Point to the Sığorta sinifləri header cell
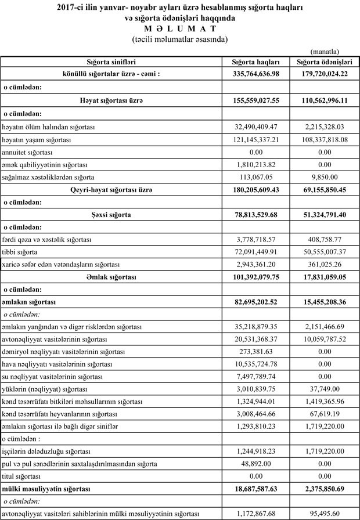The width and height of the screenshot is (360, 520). point(111,62)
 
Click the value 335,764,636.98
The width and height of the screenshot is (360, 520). point(255,74)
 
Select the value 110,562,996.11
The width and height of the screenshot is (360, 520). point(325,100)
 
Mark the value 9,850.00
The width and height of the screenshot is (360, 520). point(325,176)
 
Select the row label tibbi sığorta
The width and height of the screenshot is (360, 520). point(23,252)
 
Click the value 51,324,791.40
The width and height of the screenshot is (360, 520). point(325,214)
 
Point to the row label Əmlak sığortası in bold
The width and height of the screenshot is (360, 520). point(111,277)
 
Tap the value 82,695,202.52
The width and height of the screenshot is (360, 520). point(255,302)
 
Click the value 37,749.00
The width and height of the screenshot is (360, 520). point(325,389)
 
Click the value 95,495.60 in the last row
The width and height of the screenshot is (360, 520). point(325,514)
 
